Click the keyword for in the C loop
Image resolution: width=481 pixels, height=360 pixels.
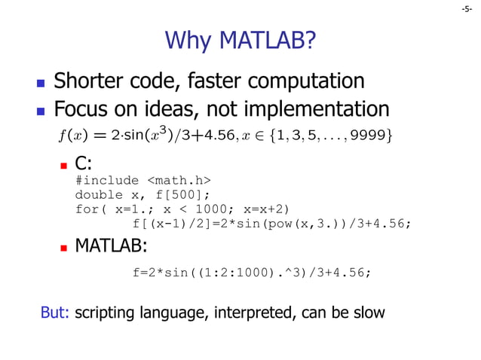point(87,209)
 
